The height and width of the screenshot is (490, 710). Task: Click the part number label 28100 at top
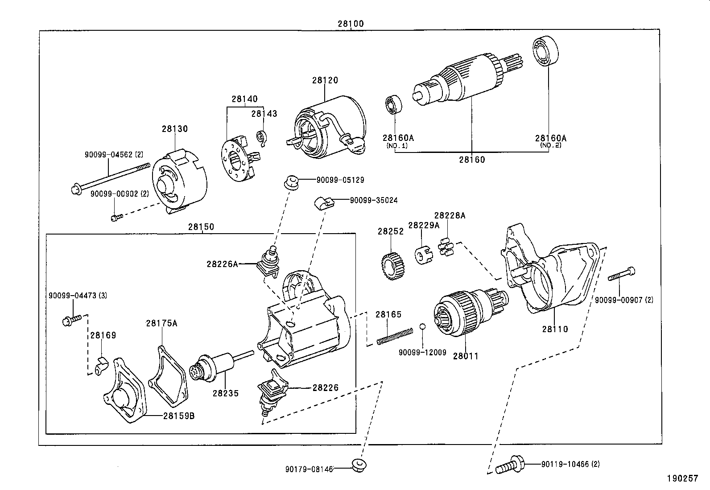pos(351,24)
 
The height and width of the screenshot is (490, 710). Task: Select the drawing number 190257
pos(682,478)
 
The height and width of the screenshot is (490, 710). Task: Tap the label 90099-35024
pos(374,201)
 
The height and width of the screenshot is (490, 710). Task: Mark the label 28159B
pos(178,416)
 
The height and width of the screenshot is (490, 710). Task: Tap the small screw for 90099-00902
pos(116,218)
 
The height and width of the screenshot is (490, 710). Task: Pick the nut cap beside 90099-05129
pos(291,182)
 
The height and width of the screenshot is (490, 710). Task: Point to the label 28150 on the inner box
pos(201,227)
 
